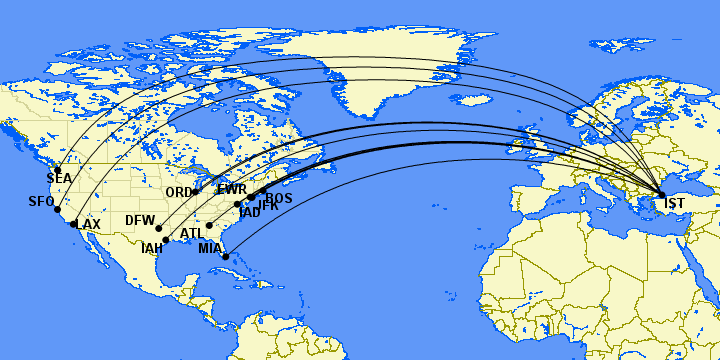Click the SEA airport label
pos(59,179)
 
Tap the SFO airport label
pos(41,202)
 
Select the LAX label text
pos(88,224)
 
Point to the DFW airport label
pos(140,220)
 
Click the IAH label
pos(152,248)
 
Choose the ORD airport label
pos(180,192)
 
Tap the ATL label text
pos(192,234)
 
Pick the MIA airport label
pos(210,248)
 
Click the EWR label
pos(232,189)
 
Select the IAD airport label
pos(249,212)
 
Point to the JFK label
pos(267,206)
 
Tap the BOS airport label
pos(279,199)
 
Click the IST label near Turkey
pos(674,205)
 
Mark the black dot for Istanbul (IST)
pos(661,194)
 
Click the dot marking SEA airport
pos(58,169)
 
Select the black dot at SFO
pos(57,209)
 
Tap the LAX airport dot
pos(74,224)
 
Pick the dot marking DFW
pos(159,228)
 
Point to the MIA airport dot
pos(226,257)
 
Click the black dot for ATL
pos(209,226)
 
